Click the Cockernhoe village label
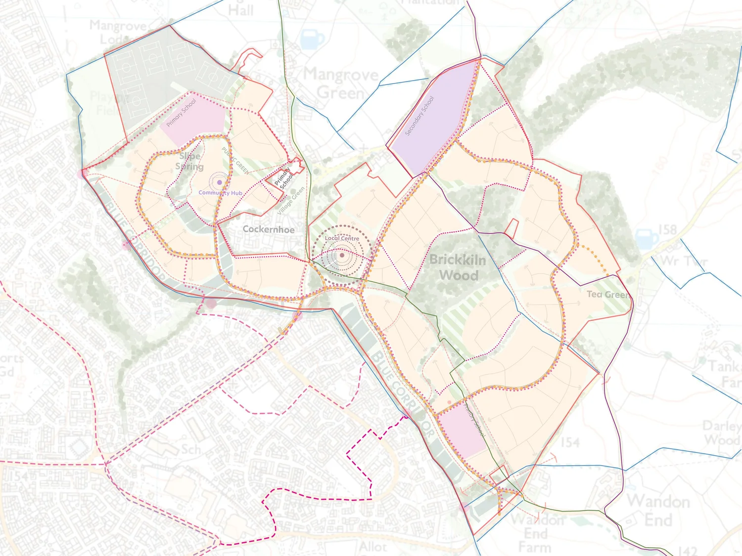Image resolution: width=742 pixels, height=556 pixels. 269,229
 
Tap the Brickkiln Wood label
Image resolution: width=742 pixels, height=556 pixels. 458,267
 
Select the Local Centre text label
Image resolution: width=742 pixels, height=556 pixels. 342,238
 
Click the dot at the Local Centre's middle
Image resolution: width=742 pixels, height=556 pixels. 341,256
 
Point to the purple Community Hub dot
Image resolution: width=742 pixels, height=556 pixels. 220,182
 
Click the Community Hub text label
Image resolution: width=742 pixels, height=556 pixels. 221,193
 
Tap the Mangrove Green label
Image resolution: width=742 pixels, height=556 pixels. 341,84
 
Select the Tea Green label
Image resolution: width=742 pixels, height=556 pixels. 608,295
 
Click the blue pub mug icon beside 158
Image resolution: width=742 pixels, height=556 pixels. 647,239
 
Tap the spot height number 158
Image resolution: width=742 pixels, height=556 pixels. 667,229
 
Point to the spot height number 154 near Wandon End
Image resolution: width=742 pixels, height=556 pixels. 569,442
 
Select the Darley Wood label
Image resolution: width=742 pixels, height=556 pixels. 722,432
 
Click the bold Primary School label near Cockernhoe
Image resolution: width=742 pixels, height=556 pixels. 284,178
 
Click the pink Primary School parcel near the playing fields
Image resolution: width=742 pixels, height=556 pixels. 193,121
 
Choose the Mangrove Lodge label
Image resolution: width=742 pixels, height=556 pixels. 118,32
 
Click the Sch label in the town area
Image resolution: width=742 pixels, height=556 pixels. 191,449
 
